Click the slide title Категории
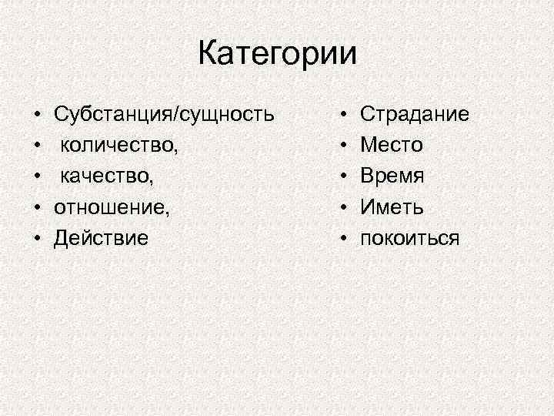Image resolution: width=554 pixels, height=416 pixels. click(278, 54)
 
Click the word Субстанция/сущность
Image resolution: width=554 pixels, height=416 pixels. click(163, 115)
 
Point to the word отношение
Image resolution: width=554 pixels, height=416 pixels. click(111, 207)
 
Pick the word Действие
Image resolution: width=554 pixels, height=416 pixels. click(100, 238)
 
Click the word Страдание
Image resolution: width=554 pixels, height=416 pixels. click(415, 115)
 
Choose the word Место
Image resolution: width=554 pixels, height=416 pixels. click(392, 146)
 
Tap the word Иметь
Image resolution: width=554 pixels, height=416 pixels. click(392, 207)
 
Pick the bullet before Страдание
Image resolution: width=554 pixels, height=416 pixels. click(344, 116)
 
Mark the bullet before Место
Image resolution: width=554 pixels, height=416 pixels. click(344, 146)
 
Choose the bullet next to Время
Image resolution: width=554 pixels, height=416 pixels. click(344, 177)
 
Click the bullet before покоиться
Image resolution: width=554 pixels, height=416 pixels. click(344, 239)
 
